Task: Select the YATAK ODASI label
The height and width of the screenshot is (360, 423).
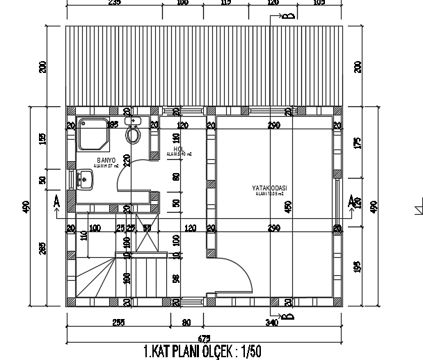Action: click(270, 188)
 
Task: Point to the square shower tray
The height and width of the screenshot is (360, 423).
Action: click(91, 135)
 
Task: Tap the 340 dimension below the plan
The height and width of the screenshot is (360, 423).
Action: click(272, 322)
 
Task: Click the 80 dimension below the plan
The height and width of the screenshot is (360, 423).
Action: click(186, 322)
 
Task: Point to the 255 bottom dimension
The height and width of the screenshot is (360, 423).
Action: click(118, 322)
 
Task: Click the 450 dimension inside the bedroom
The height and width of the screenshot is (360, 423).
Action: click(288, 206)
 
